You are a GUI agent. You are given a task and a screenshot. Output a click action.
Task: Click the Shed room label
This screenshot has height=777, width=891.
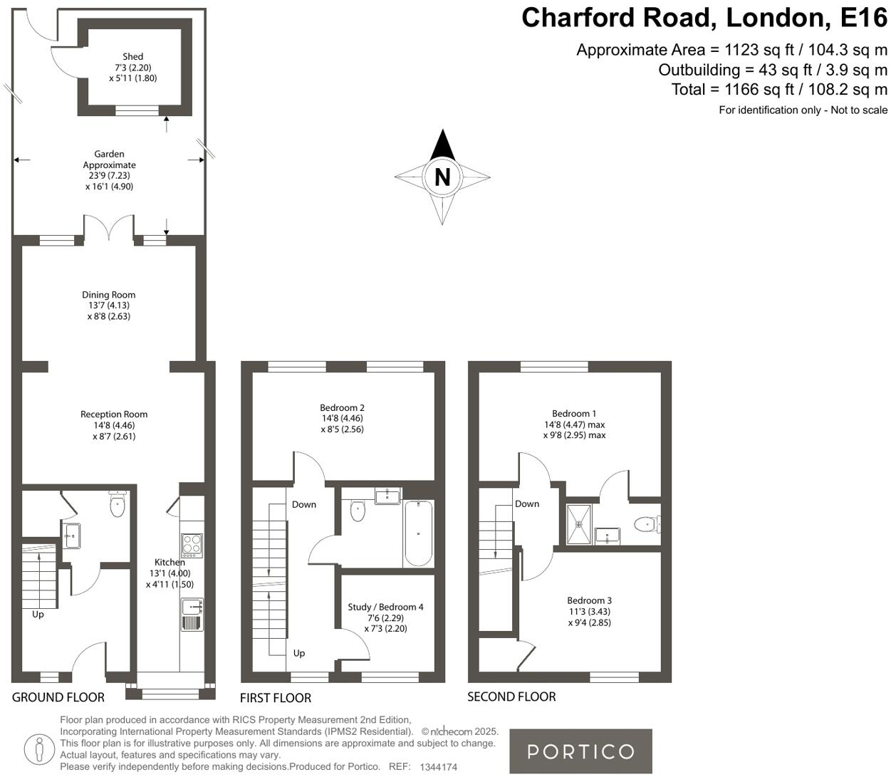132,56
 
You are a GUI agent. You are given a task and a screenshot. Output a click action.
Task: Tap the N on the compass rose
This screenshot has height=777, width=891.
442,177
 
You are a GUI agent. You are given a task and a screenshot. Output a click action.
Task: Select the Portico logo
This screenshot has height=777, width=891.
580,751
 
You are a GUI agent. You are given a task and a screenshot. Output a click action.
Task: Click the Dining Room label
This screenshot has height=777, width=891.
108,295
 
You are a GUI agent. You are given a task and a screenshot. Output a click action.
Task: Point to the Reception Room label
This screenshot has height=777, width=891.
114,414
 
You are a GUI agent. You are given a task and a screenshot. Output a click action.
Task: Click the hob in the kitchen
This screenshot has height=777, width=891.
192,545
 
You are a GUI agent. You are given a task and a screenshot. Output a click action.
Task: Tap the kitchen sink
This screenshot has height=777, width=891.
192,607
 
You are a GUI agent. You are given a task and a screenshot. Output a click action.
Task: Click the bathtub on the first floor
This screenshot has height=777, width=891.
418,533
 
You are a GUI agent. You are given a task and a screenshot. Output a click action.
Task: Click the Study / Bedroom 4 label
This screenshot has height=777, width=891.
385,607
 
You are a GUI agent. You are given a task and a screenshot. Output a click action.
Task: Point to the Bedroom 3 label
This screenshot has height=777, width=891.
589,600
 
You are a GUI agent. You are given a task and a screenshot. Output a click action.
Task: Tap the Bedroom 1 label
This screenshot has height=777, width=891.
574,414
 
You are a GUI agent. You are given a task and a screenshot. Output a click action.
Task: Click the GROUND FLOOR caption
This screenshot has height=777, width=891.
58,697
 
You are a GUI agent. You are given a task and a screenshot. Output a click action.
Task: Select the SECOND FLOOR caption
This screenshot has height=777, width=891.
511,697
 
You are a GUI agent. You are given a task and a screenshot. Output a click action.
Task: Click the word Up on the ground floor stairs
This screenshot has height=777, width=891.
38,614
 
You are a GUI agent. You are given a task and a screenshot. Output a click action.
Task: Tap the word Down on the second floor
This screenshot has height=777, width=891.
527,504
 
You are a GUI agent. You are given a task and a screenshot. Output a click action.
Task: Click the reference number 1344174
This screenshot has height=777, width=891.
439,767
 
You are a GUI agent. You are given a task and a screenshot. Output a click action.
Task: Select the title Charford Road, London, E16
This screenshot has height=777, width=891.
704,17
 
